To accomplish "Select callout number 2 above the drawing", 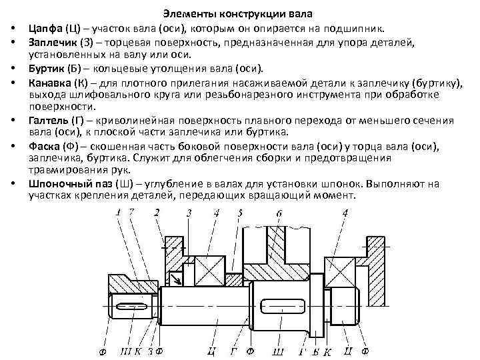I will (x=157, y=213).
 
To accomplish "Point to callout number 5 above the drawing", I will (x=240, y=213).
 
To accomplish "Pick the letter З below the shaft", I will (x=151, y=351).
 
